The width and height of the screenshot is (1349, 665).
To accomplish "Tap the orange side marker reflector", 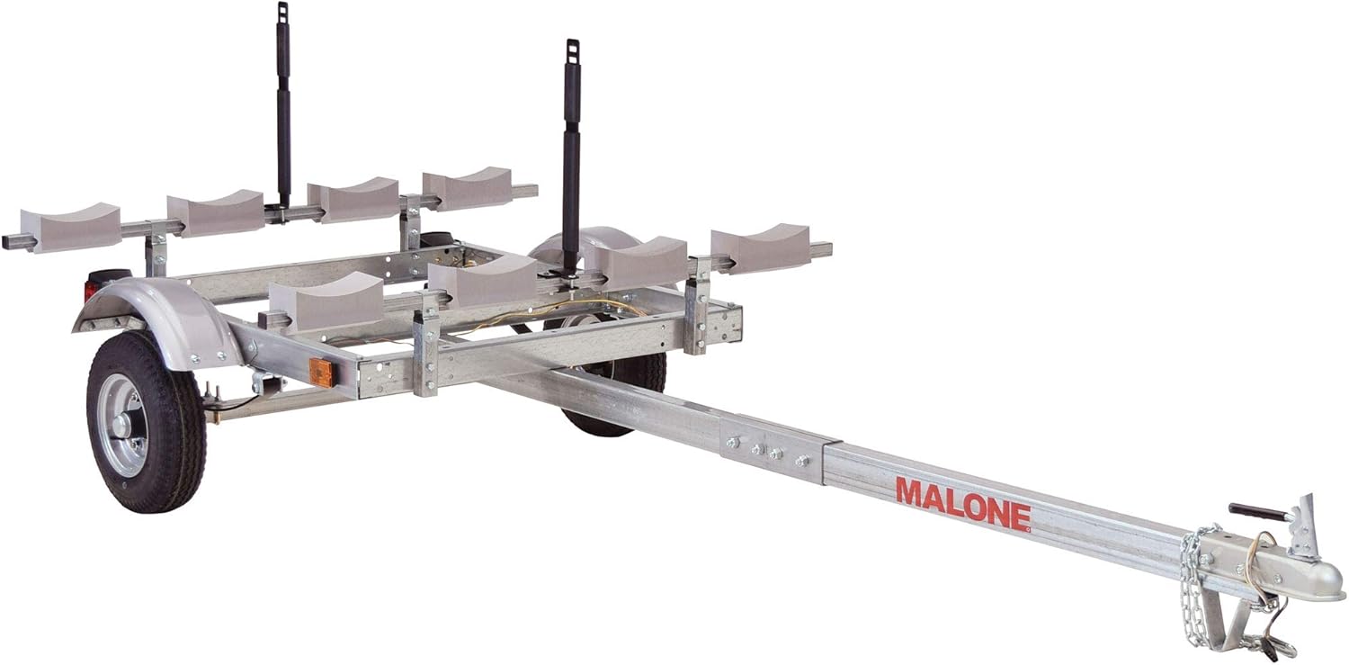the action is pos(317,371).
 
